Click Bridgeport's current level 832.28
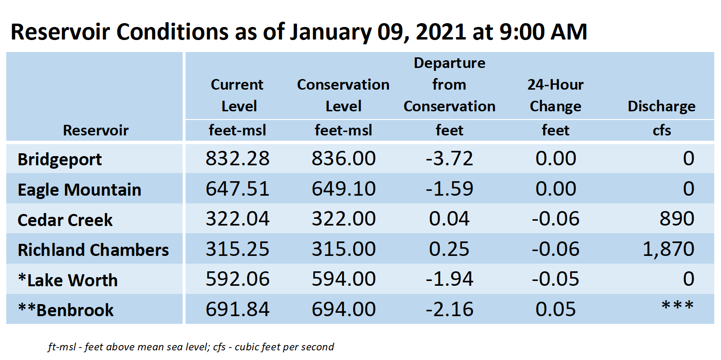[x=238, y=158]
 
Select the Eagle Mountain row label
[x=80, y=189]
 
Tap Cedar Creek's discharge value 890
[x=677, y=219]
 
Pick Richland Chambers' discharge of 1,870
[x=668, y=249]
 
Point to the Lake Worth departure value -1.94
[x=449, y=279]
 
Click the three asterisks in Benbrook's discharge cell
[x=677, y=305]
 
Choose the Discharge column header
[x=661, y=106]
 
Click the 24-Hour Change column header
[x=556, y=95]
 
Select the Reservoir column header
[x=95, y=130]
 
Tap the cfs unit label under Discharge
[x=662, y=131]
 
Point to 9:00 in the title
[x=521, y=32]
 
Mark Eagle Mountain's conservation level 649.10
[x=344, y=188]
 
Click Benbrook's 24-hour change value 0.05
[x=556, y=309]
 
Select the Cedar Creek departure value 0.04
[x=449, y=219]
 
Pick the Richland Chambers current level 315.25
[x=238, y=249]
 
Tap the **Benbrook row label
[x=66, y=310]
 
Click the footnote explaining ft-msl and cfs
[x=191, y=347]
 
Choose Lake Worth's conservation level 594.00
[x=344, y=279]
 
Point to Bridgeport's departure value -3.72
[x=449, y=158]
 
